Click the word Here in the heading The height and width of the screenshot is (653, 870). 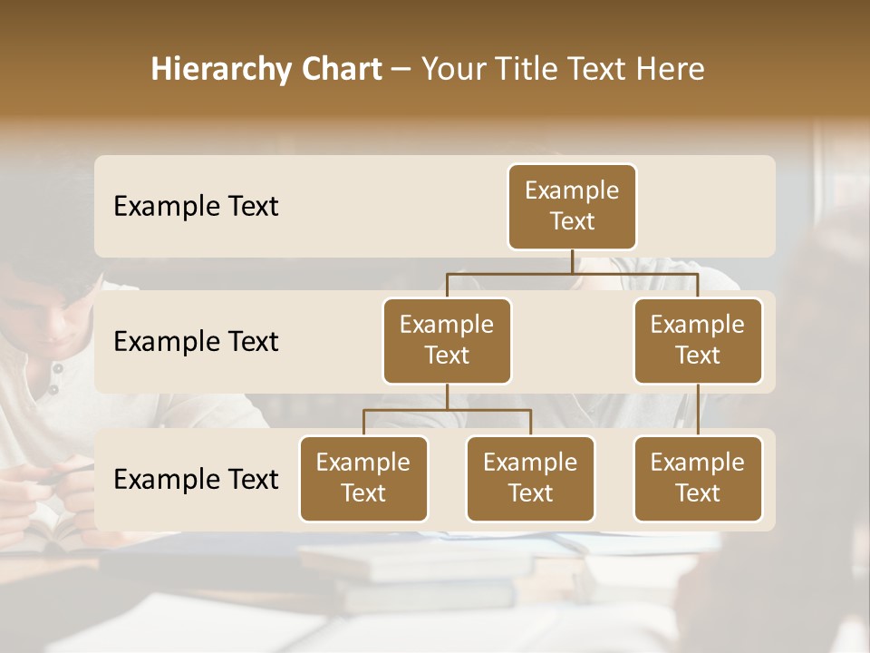tap(671, 69)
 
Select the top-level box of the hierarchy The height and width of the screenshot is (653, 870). tap(572, 207)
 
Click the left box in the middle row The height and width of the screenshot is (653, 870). tap(447, 340)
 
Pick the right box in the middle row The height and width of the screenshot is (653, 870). tap(698, 340)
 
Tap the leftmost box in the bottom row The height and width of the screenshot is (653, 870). tap(363, 478)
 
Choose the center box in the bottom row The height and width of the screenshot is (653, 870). tap(530, 478)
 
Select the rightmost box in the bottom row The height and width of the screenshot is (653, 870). tap(698, 478)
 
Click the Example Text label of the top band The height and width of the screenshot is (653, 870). tap(196, 207)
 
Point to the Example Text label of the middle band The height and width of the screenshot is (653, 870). tap(196, 342)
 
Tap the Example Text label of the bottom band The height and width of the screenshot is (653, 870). tap(196, 479)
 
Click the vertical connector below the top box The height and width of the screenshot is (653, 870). tap(572, 261)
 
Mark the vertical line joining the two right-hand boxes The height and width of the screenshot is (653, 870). tap(698, 410)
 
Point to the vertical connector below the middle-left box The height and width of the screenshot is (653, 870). tap(447, 396)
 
